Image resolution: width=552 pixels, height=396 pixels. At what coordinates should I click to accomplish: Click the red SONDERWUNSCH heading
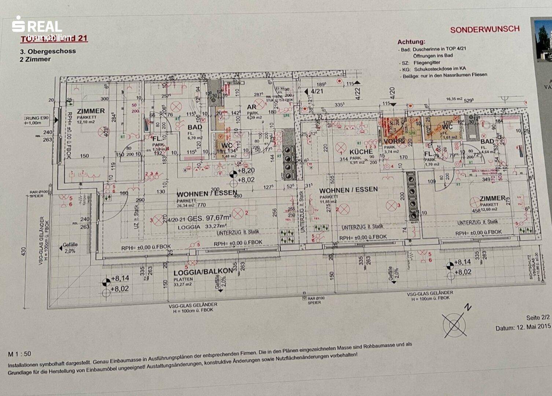click(x=485, y=29)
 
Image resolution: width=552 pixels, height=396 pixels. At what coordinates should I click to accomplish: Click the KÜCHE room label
click(x=361, y=151)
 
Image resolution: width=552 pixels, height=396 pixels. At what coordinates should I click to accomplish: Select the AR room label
click(x=252, y=107)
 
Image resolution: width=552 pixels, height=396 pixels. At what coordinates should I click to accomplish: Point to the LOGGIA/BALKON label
click(x=203, y=272)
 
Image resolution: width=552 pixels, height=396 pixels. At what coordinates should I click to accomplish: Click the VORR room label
click(x=394, y=141)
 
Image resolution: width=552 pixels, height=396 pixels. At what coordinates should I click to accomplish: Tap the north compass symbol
click(x=455, y=323)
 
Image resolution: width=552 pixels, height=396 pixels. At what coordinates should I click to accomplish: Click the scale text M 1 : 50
click(x=19, y=354)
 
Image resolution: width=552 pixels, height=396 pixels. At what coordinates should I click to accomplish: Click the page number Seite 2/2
click(x=538, y=318)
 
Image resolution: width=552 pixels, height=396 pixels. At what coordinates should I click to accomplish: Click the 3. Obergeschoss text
click(x=48, y=51)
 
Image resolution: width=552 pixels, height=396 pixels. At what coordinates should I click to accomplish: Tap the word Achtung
click(x=411, y=42)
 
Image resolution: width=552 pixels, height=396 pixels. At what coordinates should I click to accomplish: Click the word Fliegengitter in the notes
click(x=427, y=63)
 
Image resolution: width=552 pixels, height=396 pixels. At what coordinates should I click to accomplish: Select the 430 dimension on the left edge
click(x=24, y=252)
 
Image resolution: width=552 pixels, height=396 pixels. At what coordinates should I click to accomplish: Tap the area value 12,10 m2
click(x=87, y=122)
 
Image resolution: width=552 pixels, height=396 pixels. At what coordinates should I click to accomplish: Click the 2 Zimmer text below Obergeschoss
click(x=35, y=59)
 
